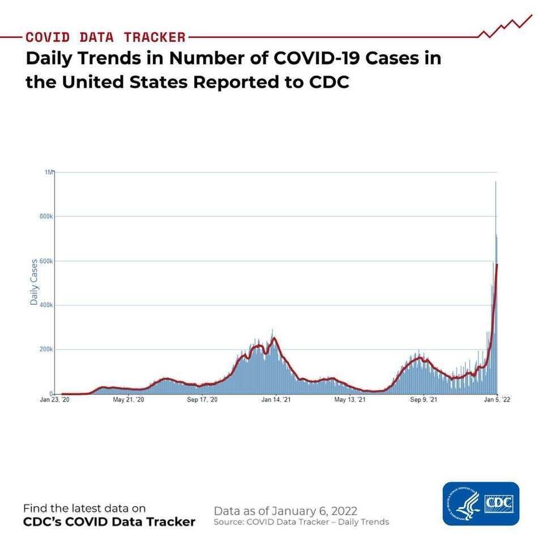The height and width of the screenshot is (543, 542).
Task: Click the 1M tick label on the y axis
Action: click(49, 172)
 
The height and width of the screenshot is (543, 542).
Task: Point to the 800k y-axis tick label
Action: click(46, 216)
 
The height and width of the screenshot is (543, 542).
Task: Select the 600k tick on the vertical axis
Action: click(46, 261)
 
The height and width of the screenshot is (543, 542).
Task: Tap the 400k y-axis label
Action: click(46, 305)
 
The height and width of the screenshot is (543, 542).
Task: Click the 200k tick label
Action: click(46, 350)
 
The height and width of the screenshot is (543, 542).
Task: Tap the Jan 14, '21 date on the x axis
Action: click(276, 400)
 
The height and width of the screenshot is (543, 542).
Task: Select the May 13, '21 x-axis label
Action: click(349, 400)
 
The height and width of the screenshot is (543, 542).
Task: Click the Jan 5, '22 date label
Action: click(496, 400)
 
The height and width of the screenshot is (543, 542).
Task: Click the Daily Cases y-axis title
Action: click(34, 282)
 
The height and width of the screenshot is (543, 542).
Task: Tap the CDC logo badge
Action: click(481, 503)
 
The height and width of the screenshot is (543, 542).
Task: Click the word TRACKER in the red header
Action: click(155, 37)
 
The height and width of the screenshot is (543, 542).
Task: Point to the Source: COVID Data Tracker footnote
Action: click(301, 522)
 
